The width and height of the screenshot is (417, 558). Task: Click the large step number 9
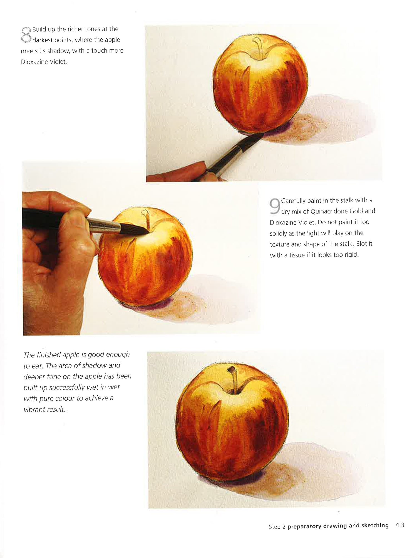[274, 206]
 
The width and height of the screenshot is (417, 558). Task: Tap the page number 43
[400, 525]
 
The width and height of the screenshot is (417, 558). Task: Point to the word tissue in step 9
[297, 255]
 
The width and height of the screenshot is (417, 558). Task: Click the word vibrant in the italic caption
[33, 409]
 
